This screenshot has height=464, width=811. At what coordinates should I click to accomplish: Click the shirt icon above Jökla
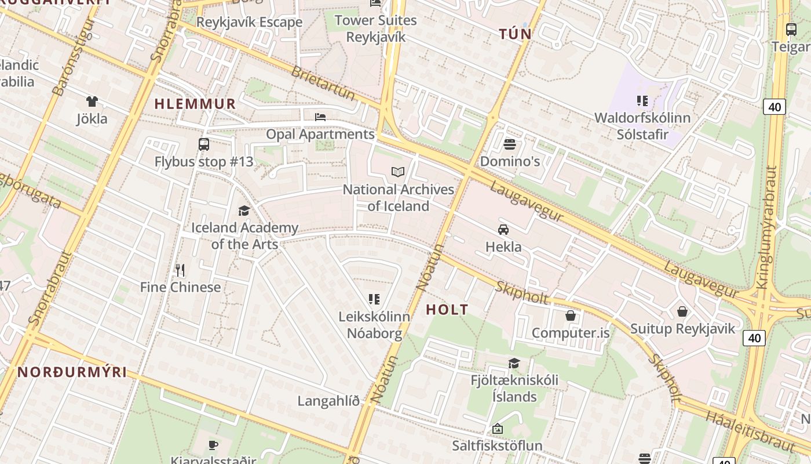point(92,101)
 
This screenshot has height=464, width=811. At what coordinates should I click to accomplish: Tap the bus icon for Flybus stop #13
point(204,144)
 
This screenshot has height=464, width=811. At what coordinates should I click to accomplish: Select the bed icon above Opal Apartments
point(320,117)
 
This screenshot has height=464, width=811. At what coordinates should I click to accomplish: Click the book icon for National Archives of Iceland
point(397,172)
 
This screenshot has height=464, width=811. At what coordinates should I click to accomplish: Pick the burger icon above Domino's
point(510,144)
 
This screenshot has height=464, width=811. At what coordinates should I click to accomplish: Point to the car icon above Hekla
point(503,229)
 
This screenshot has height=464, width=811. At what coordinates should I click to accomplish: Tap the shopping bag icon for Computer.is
point(571,316)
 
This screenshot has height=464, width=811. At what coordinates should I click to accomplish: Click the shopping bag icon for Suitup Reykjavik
point(682,311)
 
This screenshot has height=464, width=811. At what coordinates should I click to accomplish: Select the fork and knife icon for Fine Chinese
point(180,270)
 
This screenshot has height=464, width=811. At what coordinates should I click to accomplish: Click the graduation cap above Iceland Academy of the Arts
point(244,211)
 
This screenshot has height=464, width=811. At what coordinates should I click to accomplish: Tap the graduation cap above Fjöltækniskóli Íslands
point(514,364)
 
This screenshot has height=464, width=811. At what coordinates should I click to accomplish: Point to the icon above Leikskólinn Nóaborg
point(374,299)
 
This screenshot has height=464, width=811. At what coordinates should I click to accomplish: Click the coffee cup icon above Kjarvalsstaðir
point(213,445)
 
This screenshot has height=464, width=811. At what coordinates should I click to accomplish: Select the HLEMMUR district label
point(195,104)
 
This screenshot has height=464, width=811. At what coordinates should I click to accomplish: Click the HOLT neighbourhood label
point(447,310)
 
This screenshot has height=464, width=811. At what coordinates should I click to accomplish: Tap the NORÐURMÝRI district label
point(72,372)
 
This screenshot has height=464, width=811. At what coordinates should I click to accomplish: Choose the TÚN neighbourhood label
point(516,34)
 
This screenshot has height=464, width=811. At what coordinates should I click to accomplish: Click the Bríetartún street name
point(323,82)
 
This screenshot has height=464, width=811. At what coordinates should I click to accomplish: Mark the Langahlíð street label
point(328,401)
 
